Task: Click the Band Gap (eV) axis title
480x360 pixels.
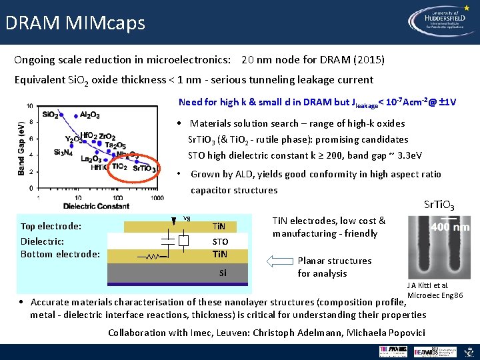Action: [21, 147]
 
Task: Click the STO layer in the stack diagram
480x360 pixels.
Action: [220, 241]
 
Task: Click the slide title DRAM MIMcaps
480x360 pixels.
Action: [75, 23]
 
